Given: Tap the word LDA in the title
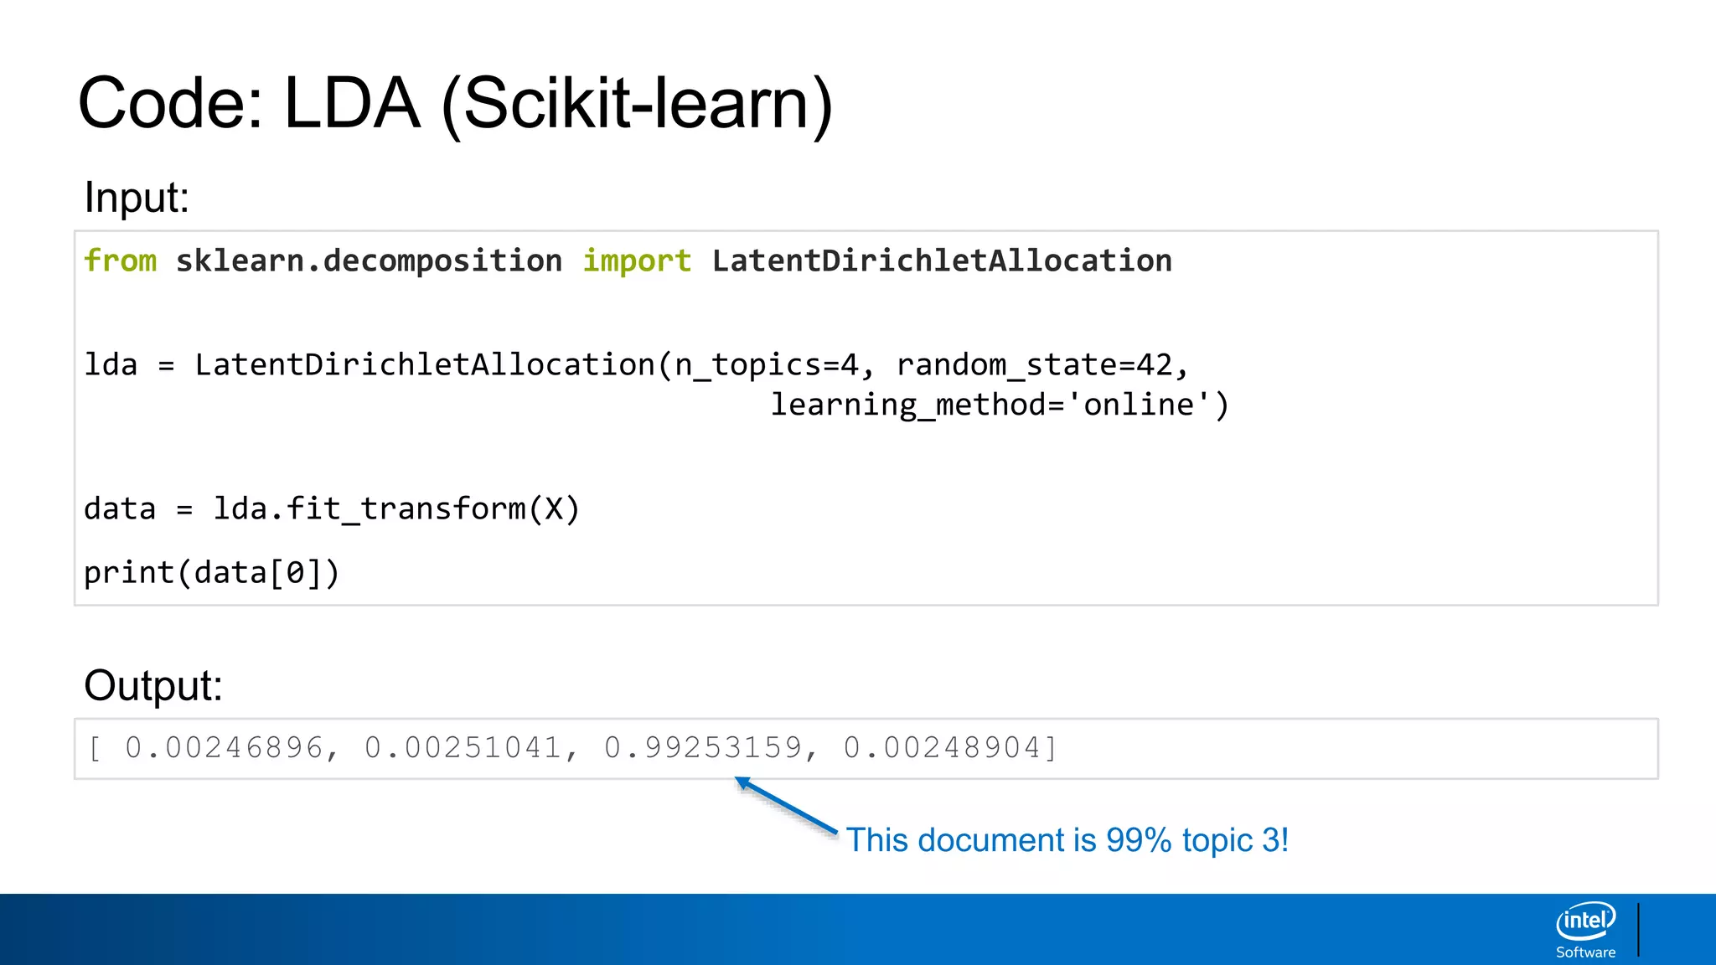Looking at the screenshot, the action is [x=351, y=104].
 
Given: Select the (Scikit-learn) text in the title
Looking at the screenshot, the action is [x=637, y=106].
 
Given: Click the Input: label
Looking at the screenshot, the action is [x=137, y=199].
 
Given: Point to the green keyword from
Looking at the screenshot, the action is [x=121, y=261].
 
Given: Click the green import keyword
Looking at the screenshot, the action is [x=637, y=261].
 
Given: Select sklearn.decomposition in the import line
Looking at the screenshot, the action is [x=369, y=261].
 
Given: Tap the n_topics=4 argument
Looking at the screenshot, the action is [x=767, y=365].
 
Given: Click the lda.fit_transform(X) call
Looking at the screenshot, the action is [x=396, y=509].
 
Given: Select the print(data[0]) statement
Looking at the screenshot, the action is [x=211, y=573].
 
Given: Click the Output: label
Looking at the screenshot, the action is [x=153, y=686].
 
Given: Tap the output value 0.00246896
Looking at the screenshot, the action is [x=224, y=748].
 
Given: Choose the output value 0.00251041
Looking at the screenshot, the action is [x=463, y=748].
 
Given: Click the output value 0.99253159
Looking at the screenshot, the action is [x=702, y=748].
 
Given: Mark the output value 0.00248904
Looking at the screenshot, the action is [x=942, y=748].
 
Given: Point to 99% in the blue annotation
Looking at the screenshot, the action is [x=1138, y=840].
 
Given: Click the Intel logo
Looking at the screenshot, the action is [x=1585, y=921].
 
